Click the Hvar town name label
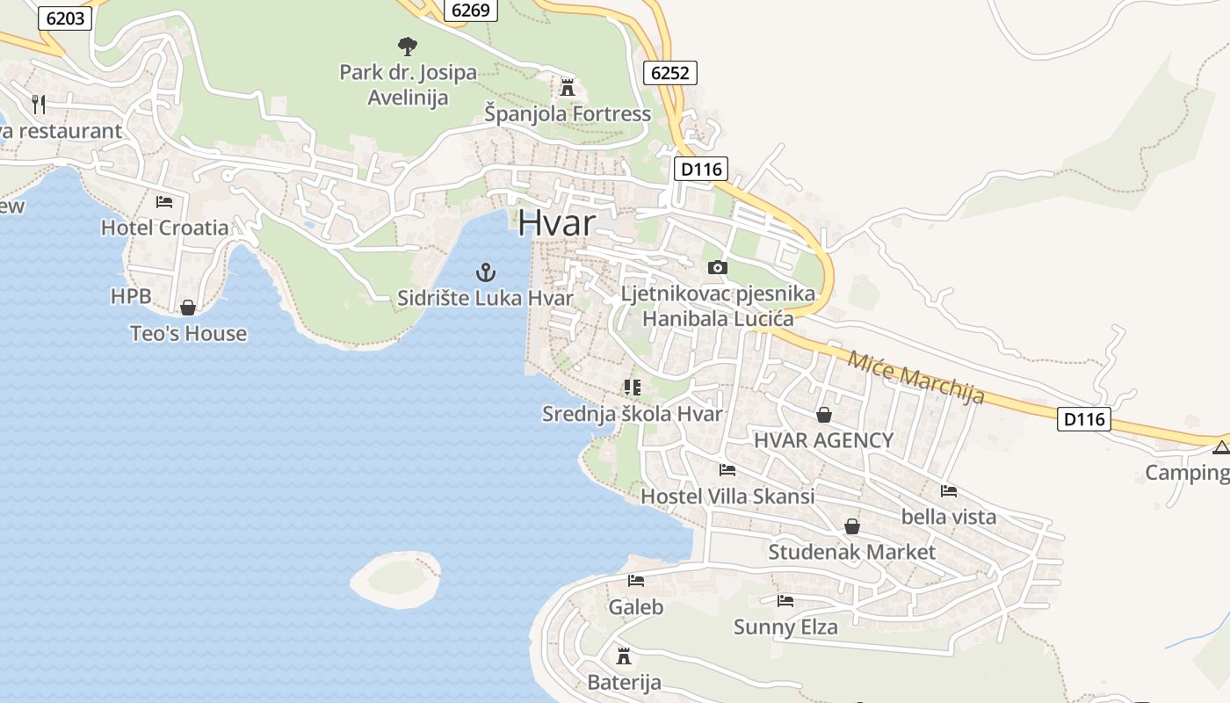(x=556, y=222)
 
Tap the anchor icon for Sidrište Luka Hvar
(x=486, y=272)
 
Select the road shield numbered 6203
(x=65, y=18)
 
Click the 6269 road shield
(x=471, y=11)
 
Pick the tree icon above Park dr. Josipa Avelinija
(x=407, y=46)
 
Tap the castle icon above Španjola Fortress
(x=568, y=87)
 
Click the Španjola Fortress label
(x=568, y=114)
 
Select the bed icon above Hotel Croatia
(x=164, y=201)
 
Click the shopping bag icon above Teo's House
(x=188, y=308)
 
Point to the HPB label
(x=131, y=296)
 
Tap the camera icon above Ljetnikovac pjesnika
(x=718, y=267)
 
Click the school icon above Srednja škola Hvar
(x=633, y=387)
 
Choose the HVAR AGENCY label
(x=823, y=440)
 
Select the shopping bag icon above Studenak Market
(x=851, y=526)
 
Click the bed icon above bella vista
(x=949, y=491)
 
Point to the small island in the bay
(x=396, y=579)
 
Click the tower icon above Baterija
(x=624, y=656)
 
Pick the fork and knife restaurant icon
(x=38, y=104)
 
